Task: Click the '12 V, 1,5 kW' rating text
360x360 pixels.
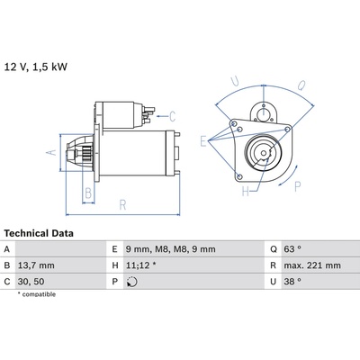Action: (36, 67)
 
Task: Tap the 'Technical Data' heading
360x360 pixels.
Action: (39, 233)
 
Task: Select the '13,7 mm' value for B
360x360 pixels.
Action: (36, 265)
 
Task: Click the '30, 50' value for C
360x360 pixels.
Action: (31, 282)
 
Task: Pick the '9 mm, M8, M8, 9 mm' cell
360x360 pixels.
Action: (170, 249)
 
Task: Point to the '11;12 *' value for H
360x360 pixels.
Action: (140, 265)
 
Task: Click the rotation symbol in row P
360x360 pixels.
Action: (132, 282)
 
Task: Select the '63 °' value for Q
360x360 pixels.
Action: (292, 249)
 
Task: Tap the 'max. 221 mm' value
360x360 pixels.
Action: (312, 265)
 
